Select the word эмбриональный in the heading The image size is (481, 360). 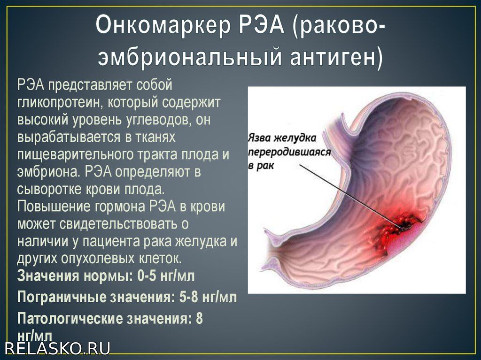[190, 56]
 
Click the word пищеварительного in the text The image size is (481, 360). [72, 154]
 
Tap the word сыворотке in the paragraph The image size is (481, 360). [45, 189]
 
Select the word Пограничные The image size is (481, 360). [62, 297]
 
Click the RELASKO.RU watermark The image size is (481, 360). [58, 348]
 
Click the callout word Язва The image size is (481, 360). [259, 138]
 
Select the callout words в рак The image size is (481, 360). [261, 166]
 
